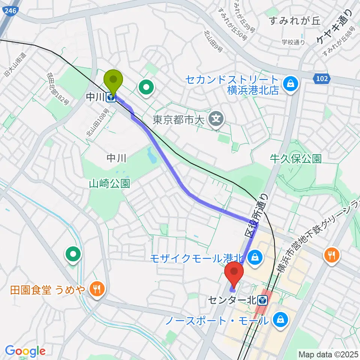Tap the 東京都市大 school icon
click(x=216, y=120)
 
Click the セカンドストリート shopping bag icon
click(x=291, y=84)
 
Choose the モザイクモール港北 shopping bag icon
click(x=255, y=258)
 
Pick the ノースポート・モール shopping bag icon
click(x=280, y=320)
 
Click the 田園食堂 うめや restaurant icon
click(x=97, y=289)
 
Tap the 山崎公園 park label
click(x=109, y=184)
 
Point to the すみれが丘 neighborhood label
click(x=295, y=21)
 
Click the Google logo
click(x=25, y=351)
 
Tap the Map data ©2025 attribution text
click(x=328, y=354)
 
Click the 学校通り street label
click(x=293, y=42)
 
